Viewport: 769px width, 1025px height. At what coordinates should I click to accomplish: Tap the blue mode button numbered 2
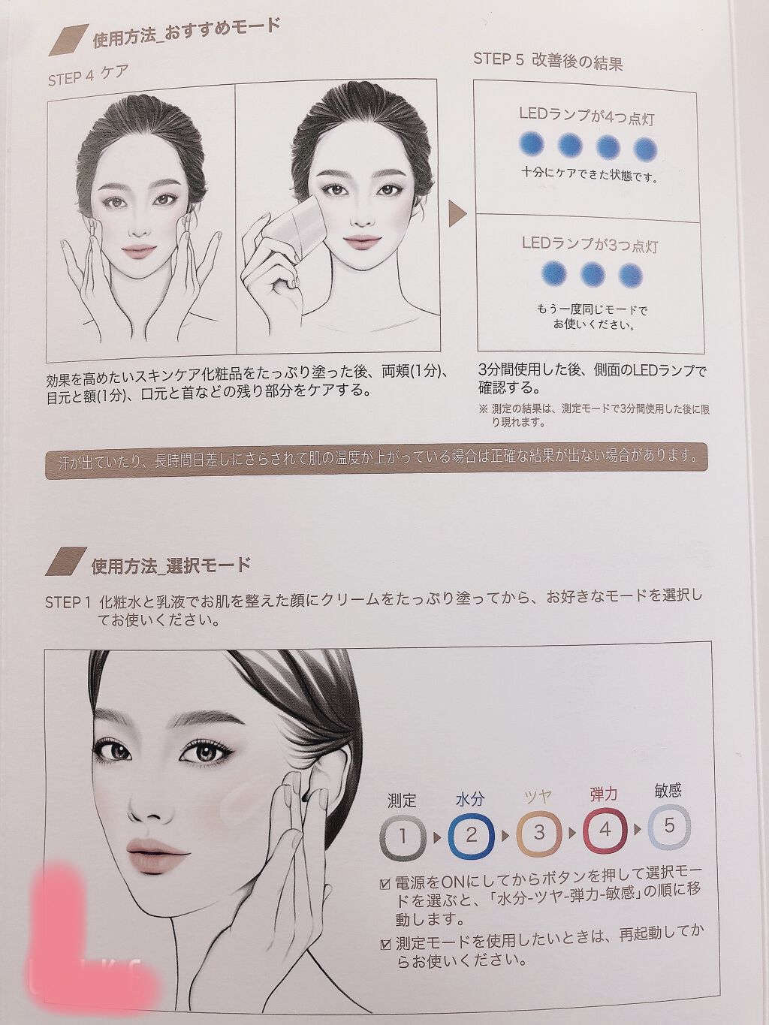coord(471,834)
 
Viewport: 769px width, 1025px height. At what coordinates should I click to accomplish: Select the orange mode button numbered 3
coord(538,833)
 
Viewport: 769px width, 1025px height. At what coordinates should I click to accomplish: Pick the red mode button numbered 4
coord(605,831)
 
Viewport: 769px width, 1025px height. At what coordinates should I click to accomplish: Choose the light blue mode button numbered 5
coord(668,827)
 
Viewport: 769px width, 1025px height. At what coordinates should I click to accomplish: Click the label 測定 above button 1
coord(402,801)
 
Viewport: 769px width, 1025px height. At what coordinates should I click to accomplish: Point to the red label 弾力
coord(604,794)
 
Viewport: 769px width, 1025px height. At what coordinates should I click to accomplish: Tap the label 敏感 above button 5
coord(668,791)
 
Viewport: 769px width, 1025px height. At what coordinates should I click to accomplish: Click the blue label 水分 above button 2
coord(469,799)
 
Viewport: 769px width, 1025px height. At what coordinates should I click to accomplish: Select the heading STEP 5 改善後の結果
coord(547,62)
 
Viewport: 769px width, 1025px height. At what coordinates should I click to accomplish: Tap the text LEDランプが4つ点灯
coord(587,116)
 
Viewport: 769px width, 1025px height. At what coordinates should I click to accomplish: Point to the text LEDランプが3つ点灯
coord(590,244)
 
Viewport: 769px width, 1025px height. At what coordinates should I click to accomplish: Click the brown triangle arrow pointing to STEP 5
coord(457,214)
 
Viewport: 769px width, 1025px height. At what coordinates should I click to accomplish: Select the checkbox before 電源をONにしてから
coord(385,884)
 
